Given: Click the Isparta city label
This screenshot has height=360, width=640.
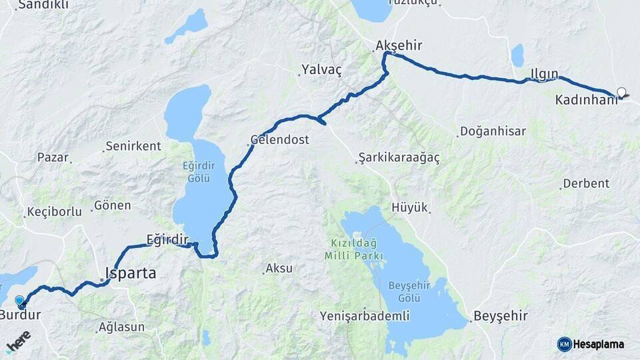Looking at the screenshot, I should pos(131,273).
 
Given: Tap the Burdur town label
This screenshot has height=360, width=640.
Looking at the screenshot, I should pos(21,315).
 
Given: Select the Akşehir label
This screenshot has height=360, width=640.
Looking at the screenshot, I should pos(399,45).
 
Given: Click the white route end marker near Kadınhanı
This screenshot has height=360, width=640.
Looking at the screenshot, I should pos(622,92).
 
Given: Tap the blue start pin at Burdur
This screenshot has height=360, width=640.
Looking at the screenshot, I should pos(19,301).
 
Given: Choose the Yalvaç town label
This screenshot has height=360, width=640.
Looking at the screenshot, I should pos(321,69).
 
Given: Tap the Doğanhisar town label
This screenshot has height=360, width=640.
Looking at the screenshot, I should pos(493,131).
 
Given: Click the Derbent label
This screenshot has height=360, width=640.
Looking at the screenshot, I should pos(586,183).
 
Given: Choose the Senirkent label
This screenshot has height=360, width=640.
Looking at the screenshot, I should pos(133,146).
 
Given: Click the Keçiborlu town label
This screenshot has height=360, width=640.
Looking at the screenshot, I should pos(54,212).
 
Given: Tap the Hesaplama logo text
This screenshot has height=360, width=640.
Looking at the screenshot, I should pos(598,344).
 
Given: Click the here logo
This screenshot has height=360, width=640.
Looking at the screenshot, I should pos(18,341).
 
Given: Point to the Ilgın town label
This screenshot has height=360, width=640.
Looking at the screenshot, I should pos(544,73).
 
